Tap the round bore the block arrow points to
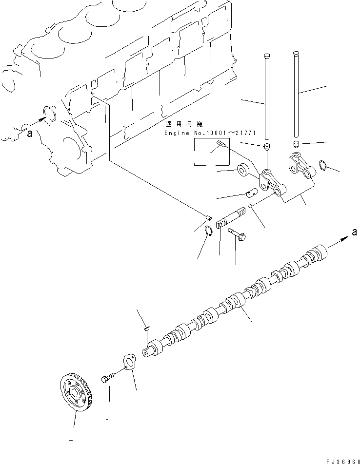[50, 114]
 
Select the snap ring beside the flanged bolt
[207, 231]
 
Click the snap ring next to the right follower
[321, 166]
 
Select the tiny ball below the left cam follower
[249, 206]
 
